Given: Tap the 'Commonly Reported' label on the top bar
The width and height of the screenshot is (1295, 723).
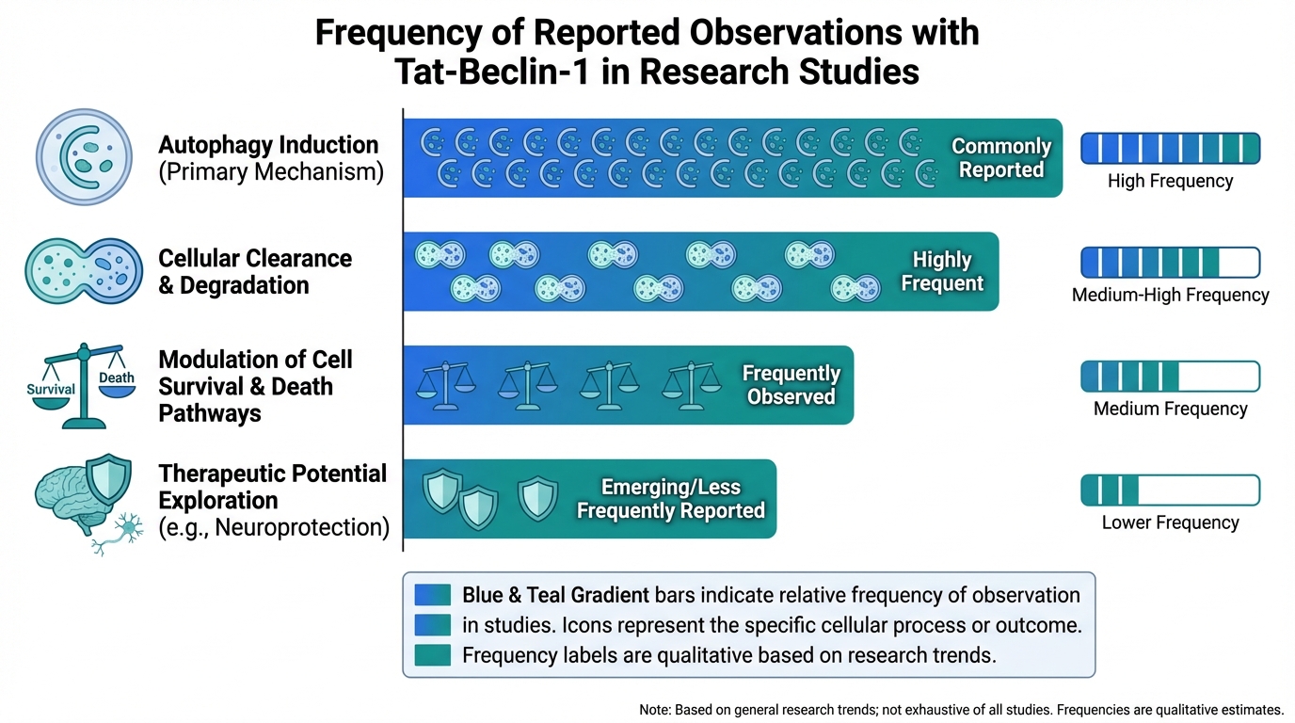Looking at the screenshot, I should tap(1000, 158).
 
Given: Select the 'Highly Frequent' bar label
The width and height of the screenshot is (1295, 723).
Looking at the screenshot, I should tap(942, 271).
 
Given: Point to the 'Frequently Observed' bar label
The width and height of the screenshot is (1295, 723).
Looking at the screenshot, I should tap(791, 385).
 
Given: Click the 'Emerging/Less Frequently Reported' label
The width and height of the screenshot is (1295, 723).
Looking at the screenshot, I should tap(670, 499).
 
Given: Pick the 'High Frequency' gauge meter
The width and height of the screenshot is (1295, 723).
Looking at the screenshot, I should tap(1170, 149).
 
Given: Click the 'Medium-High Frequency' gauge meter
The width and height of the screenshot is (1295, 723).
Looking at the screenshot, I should tap(1170, 263).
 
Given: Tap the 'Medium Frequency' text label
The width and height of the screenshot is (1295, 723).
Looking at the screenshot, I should tap(1170, 409).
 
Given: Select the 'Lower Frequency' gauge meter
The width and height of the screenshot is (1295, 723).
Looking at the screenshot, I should tap(1170, 490).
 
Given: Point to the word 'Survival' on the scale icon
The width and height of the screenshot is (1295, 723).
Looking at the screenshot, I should tap(51, 389).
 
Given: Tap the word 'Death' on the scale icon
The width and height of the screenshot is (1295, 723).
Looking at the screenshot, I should tap(117, 378).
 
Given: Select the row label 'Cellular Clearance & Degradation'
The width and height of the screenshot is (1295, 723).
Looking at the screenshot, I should tap(254, 272).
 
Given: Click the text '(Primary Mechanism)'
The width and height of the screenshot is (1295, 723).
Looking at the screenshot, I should tap(271, 173).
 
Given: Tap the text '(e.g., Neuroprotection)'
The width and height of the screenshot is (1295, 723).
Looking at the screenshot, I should tap(274, 527).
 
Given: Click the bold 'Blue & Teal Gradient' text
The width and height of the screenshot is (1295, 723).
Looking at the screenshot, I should tap(555, 595).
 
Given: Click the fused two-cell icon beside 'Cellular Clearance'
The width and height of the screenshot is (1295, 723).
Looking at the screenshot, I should tap(84, 271).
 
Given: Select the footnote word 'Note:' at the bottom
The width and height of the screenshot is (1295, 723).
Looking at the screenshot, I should tap(655, 710).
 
